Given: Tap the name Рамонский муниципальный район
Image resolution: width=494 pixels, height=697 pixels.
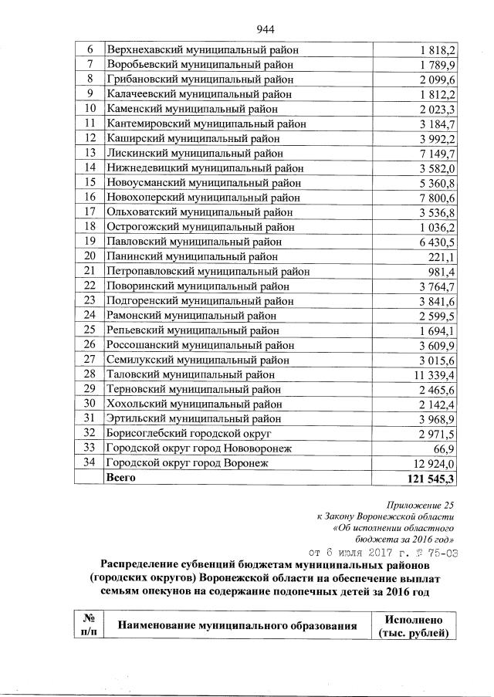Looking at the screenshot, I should [x=194, y=316].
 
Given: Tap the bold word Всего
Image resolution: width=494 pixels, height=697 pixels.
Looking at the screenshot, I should [x=120, y=478].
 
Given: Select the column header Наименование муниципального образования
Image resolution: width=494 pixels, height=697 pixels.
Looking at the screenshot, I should [x=236, y=626].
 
